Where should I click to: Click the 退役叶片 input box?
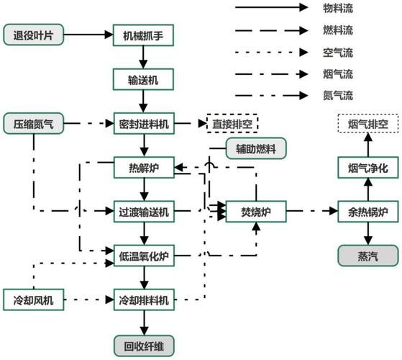pyautogui.click(x=33, y=34)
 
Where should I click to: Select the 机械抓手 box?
pyautogui.click(x=144, y=34)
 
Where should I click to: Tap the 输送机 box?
pyautogui.click(x=144, y=79)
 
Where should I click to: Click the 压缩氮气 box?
pyautogui.click(x=33, y=124)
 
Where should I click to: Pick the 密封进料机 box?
pyautogui.click(x=144, y=124)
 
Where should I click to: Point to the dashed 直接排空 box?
pyautogui.click(x=232, y=124)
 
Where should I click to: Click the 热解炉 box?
pyautogui.click(x=144, y=168)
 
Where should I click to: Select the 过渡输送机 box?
pyautogui.click(x=144, y=212)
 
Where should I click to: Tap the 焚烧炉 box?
pyautogui.click(x=255, y=212)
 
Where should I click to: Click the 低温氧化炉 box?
pyautogui.click(x=144, y=255)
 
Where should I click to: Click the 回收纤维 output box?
pyautogui.click(x=144, y=343)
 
